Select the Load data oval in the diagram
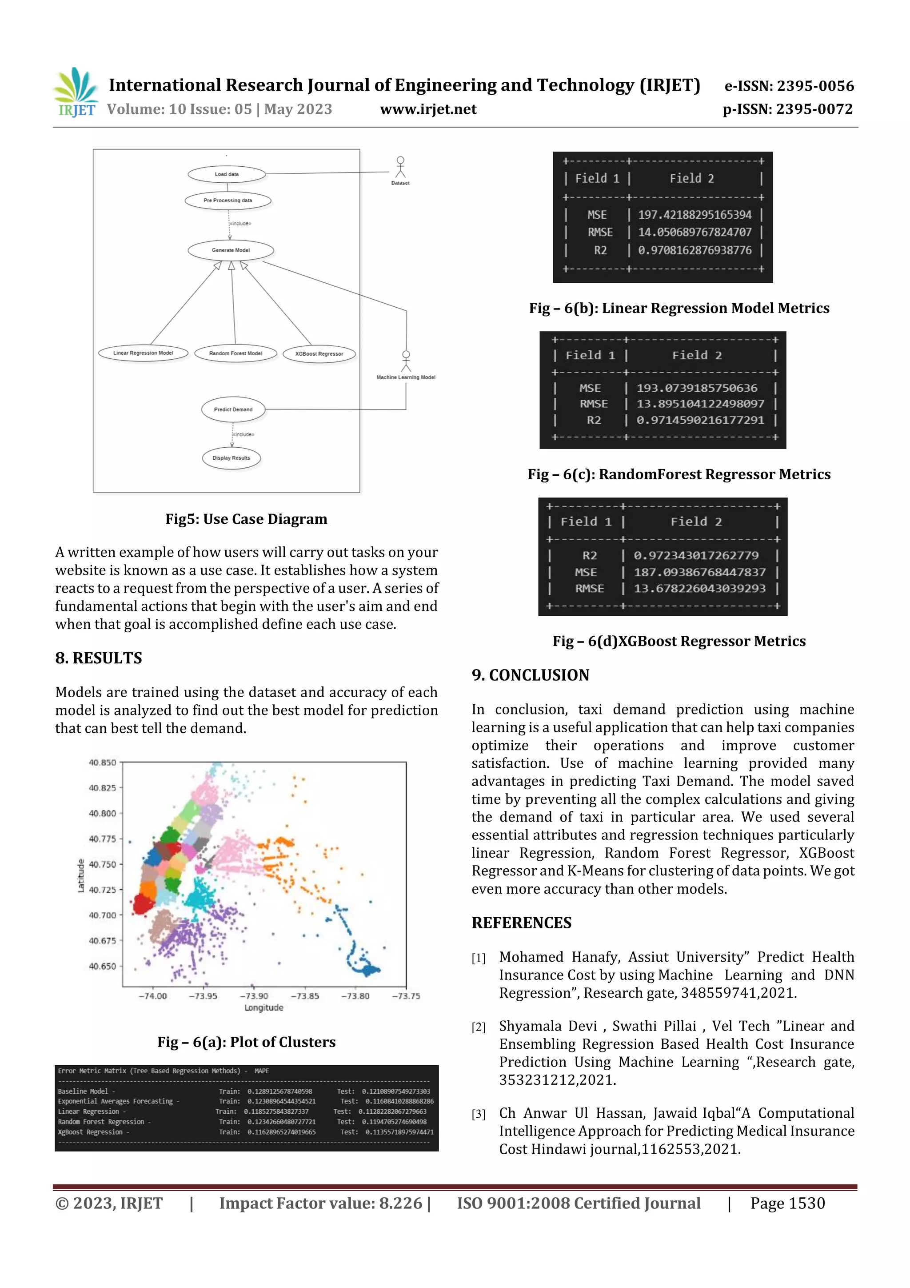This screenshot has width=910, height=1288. pyautogui.click(x=227, y=174)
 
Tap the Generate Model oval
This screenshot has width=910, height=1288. pyautogui.click(x=231, y=250)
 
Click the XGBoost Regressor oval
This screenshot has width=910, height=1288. pyautogui.click(x=319, y=354)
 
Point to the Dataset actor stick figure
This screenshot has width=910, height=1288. pyautogui.click(x=400, y=168)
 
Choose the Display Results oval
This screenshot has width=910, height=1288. pyautogui.click(x=231, y=458)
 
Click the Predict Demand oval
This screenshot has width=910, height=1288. pyautogui.click(x=233, y=409)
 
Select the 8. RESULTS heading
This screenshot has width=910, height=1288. pyautogui.click(x=99, y=658)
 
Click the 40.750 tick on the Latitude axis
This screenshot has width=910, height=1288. pyautogui.click(x=102, y=864)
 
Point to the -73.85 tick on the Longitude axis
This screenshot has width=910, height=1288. pyautogui.click(x=304, y=996)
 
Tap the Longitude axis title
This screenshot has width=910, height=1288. pyautogui.click(x=263, y=1008)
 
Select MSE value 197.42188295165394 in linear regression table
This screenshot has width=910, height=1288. pyautogui.click(x=694, y=215)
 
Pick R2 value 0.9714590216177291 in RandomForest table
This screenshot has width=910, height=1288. pyautogui.click(x=700, y=420)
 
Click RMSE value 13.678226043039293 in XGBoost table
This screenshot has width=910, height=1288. pyautogui.click(x=699, y=589)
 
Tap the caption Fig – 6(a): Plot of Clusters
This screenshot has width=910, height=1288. pyautogui.click(x=246, y=1042)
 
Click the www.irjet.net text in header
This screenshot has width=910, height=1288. pyautogui.click(x=428, y=109)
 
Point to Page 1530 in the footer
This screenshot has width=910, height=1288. pyautogui.click(x=787, y=1203)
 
